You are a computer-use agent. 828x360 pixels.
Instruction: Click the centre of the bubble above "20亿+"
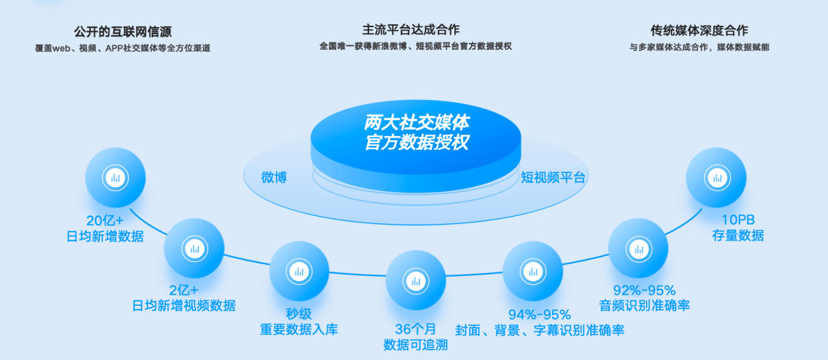point(115,177)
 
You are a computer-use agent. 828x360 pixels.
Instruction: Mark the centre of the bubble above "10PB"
point(716,177)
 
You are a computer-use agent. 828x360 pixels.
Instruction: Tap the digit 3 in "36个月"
point(400,329)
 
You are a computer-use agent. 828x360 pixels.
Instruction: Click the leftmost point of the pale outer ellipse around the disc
point(243,174)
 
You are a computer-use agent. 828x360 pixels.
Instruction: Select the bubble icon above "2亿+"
point(195,248)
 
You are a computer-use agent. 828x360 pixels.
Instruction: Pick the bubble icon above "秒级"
point(300,271)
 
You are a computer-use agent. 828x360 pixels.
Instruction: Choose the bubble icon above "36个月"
point(416,280)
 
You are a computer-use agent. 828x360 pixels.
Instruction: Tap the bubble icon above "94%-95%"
point(533,271)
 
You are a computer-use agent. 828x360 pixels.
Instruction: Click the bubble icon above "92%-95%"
point(638,248)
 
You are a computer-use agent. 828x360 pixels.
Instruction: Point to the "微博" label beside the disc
point(274,177)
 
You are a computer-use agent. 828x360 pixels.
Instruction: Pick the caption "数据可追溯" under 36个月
point(416,345)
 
